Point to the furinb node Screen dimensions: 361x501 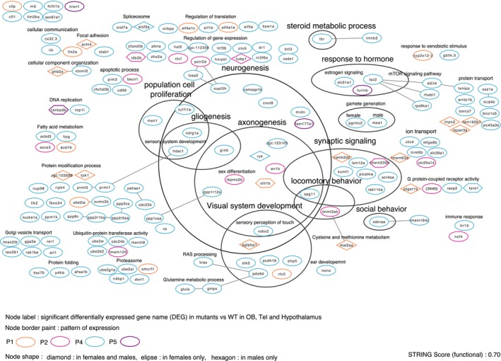point(365,91)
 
